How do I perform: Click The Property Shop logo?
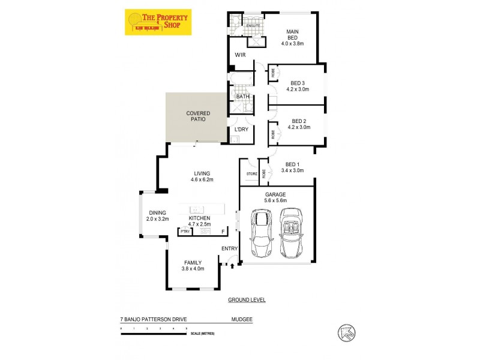[x=158, y=22]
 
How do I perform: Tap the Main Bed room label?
[x=292, y=37]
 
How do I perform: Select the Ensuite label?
[x=253, y=26]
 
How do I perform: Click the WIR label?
[x=241, y=55]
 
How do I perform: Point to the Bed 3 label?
[x=298, y=86]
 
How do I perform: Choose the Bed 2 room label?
[x=298, y=124]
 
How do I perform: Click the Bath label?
[x=242, y=96]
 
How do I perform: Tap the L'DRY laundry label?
[x=241, y=130]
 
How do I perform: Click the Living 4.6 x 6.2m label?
[x=202, y=176]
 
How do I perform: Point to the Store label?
[x=251, y=174]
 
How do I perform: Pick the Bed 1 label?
[x=292, y=167]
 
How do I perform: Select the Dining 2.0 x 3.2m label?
[x=157, y=215]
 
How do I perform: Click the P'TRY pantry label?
[x=185, y=231]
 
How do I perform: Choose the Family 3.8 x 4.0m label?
[x=193, y=265]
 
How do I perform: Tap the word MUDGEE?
[x=241, y=320]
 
